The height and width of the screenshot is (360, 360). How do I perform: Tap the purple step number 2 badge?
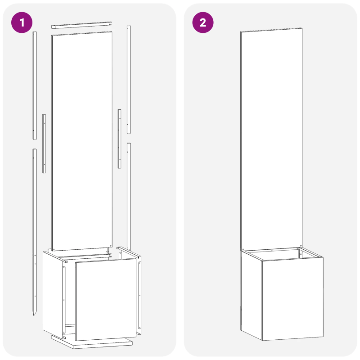pos(203,23)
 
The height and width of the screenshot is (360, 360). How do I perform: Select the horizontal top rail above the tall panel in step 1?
pos(81,27)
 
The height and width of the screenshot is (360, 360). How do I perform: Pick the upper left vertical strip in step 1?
pos(34,85)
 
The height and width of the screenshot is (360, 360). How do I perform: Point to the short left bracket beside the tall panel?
pos(44,143)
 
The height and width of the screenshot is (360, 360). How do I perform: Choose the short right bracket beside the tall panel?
pos(120,139)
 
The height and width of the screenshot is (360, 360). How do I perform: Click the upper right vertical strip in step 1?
pos(129,79)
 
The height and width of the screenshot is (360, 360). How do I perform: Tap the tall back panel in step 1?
pos(81,139)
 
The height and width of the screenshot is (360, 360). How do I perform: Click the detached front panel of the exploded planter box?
pos(106,299)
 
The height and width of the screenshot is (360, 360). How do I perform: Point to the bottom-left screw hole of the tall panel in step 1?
pos(54,248)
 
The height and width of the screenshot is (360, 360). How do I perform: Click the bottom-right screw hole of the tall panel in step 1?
pos(110,245)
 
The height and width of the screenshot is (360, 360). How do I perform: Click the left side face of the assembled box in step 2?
pos(251,292)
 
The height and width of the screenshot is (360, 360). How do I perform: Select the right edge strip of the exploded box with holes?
pos(139,295)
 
